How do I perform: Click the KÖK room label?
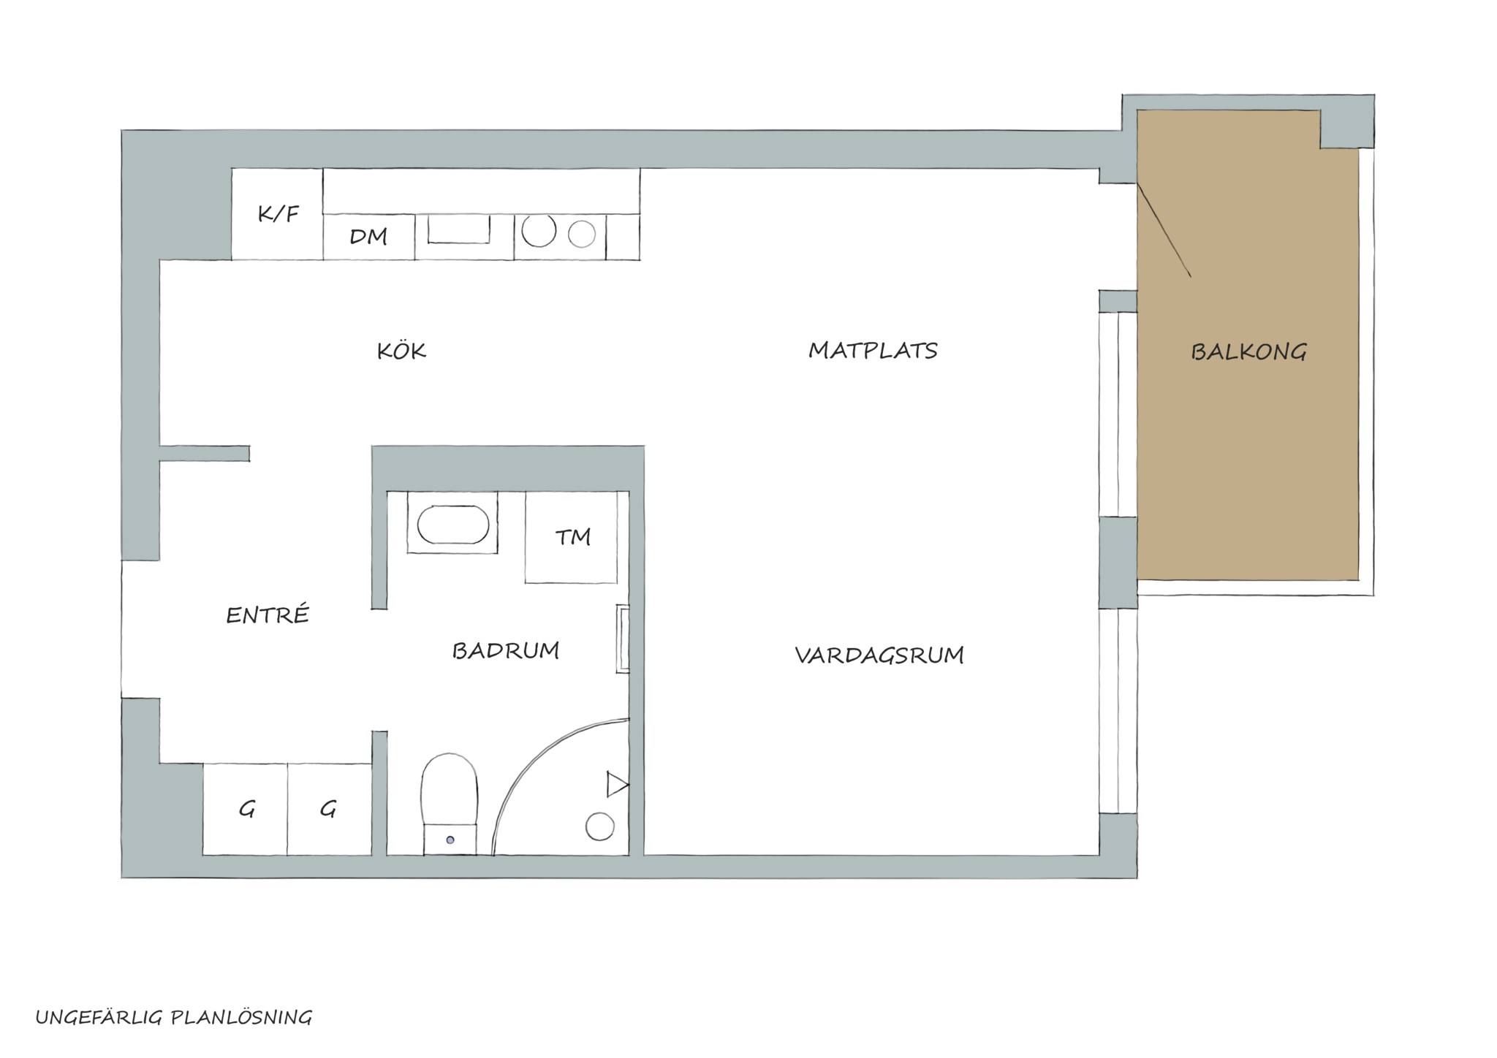(x=401, y=351)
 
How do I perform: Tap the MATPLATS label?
(x=873, y=351)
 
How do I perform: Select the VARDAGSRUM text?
(x=879, y=655)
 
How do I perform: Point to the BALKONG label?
(x=1248, y=352)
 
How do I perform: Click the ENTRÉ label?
(x=268, y=614)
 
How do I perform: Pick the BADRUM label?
(x=506, y=650)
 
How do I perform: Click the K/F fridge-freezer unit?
(x=278, y=214)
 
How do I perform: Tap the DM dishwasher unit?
(x=369, y=237)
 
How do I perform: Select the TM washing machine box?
(x=572, y=537)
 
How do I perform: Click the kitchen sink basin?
(x=459, y=229)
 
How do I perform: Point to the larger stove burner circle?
(x=539, y=230)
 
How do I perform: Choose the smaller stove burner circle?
(x=582, y=235)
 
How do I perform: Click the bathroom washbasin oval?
(x=453, y=525)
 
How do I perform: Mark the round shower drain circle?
(x=600, y=826)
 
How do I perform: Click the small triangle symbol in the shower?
(x=616, y=785)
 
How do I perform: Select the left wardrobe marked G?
(x=245, y=810)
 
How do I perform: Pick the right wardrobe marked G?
(x=330, y=810)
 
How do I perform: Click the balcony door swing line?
(x=1164, y=230)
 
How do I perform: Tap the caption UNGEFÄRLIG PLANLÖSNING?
(x=174, y=1018)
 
